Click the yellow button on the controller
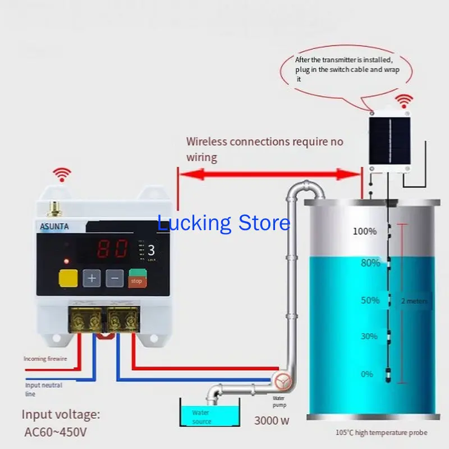[x=68, y=278]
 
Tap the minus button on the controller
[x=114, y=278]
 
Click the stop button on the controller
[x=136, y=279]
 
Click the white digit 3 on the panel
[x=151, y=251]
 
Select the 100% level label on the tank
[x=364, y=231]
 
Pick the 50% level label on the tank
[x=370, y=300]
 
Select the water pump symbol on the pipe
[x=283, y=382]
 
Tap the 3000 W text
[x=272, y=420]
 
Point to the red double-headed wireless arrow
[x=269, y=175]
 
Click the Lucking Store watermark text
[x=223, y=223]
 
